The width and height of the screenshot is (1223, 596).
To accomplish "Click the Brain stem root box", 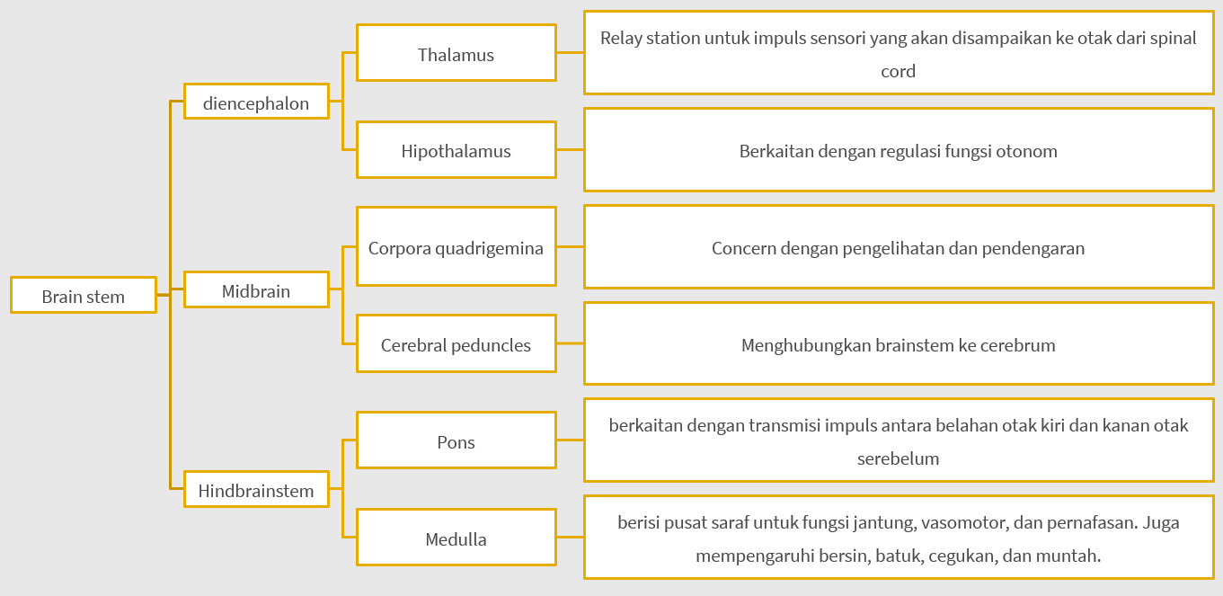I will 83,296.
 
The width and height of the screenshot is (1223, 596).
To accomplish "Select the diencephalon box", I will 256,102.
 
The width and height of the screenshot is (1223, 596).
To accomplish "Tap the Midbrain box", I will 256,291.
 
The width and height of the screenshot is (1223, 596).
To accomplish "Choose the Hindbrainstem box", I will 256,491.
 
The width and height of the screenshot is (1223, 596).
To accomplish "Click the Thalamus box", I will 456,54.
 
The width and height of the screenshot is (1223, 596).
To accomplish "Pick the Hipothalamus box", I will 456,150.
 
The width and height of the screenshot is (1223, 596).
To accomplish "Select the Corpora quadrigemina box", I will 456,247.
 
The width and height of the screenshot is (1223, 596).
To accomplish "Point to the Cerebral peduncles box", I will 456,344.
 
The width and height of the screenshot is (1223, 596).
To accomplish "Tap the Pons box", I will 456,441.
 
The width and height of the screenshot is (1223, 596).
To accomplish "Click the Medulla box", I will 456,538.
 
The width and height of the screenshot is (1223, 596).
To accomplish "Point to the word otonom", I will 1026,150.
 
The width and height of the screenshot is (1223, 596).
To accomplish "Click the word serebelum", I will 898,458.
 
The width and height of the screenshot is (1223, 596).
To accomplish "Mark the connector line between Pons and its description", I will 570,441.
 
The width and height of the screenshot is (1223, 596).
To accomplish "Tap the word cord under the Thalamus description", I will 898,71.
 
